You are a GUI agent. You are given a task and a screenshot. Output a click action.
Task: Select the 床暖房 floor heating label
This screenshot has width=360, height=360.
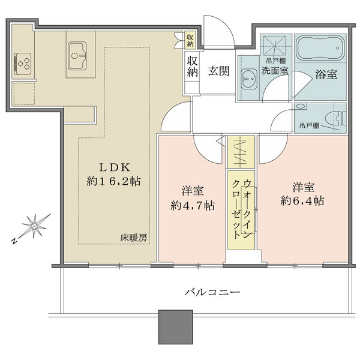[133, 238]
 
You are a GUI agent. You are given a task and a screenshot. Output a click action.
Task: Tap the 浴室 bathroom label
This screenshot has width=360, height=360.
[325, 75]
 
